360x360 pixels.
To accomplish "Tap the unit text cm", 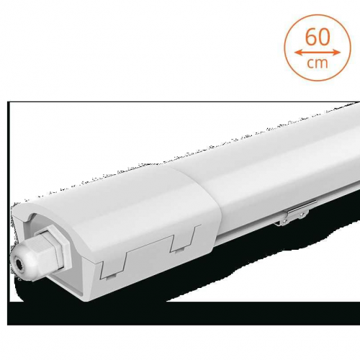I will point(318,63).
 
